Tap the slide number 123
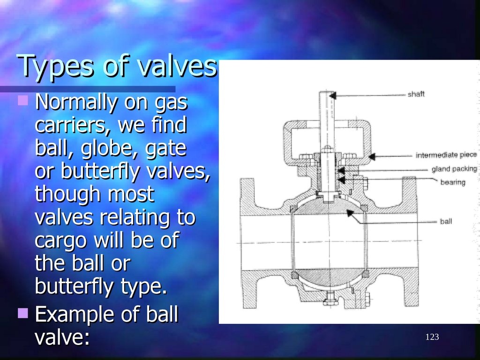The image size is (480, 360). (x=432, y=337)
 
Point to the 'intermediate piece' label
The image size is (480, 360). (x=446, y=155)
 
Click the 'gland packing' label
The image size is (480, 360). (x=454, y=169)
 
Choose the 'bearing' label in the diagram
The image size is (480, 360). (x=452, y=182)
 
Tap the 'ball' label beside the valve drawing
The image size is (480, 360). (x=446, y=221)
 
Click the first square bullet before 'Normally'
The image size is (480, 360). (x=23, y=100)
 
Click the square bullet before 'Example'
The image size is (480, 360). (x=23, y=313)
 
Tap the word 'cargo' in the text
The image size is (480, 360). (x=60, y=240)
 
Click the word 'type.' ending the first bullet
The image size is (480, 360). (x=145, y=286)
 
